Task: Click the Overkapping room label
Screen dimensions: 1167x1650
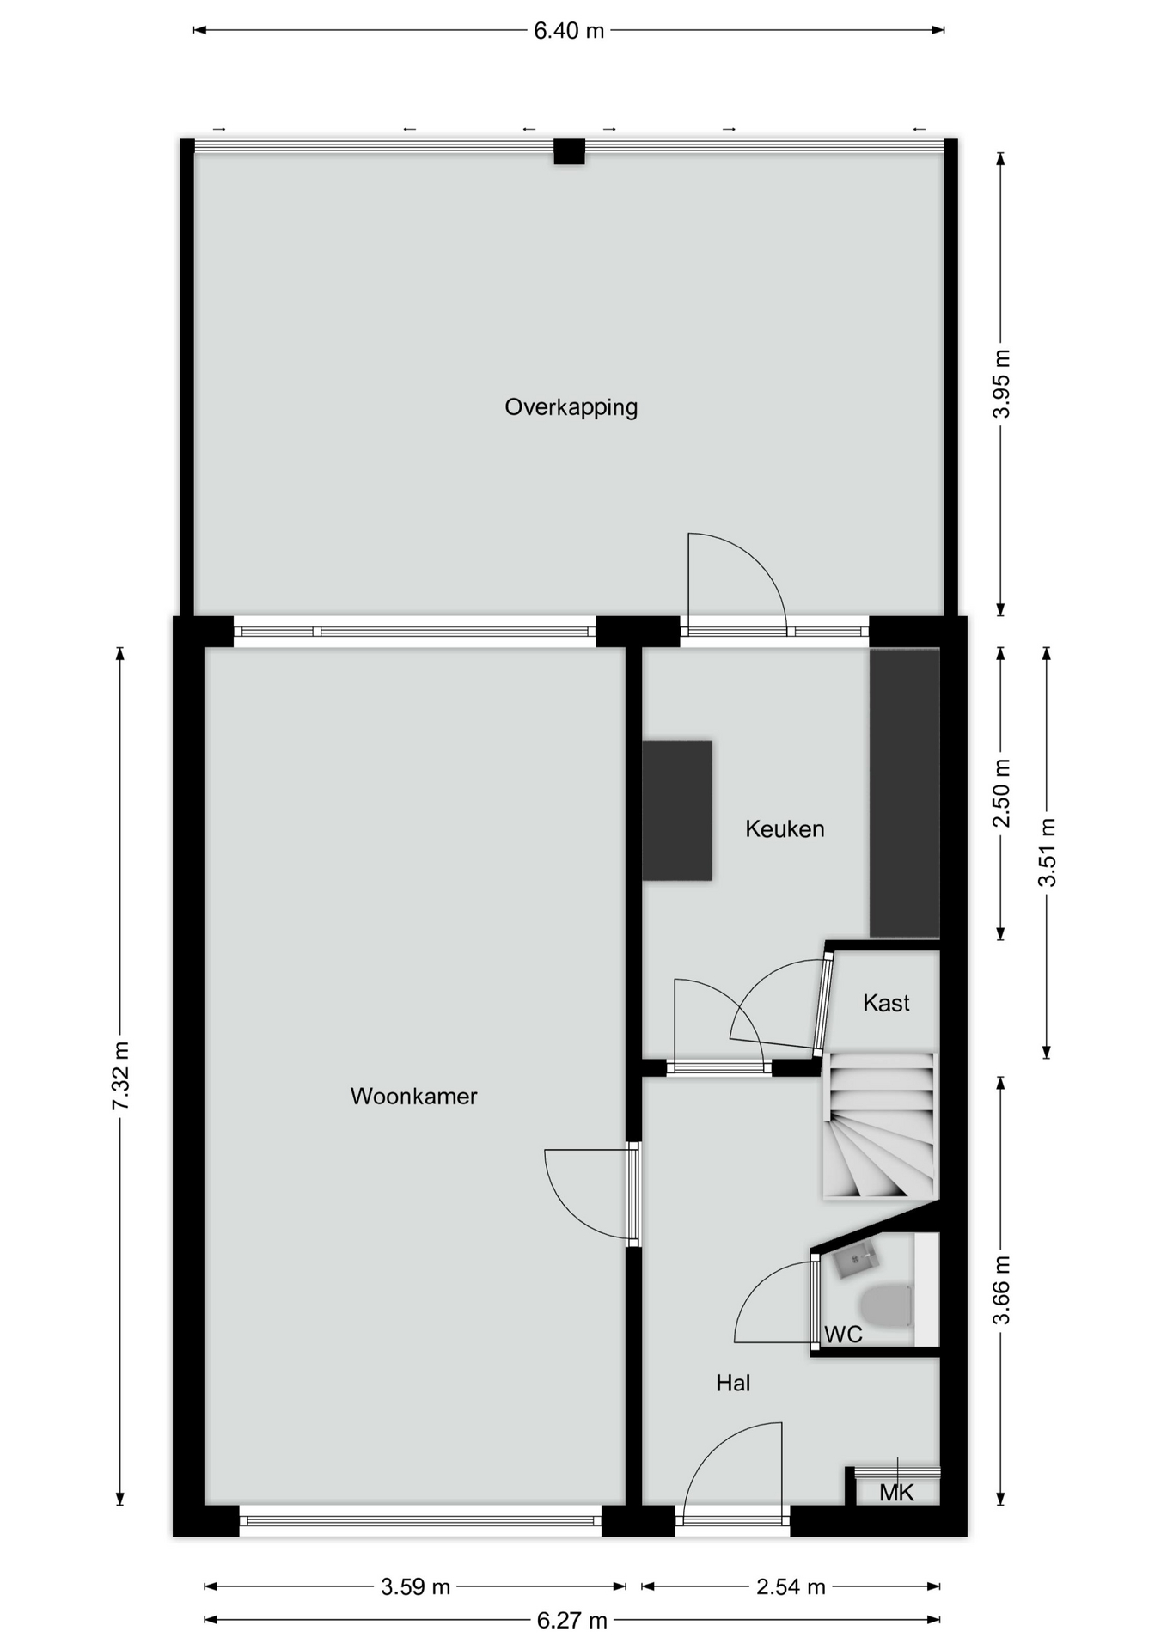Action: pyautogui.click(x=571, y=407)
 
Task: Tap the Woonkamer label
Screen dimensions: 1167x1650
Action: pyautogui.click(x=413, y=1096)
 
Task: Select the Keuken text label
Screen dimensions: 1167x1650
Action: pyautogui.click(x=785, y=828)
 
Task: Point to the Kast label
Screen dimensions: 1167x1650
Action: pyautogui.click(x=886, y=1003)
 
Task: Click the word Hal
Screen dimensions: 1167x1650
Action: pyautogui.click(x=733, y=1383)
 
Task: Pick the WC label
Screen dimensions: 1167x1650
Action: pyautogui.click(x=843, y=1335)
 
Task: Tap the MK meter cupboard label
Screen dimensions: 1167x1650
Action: pyautogui.click(x=896, y=1493)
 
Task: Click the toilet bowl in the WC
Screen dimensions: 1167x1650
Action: pyautogui.click(x=886, y=1305)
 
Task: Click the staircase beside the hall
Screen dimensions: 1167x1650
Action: pyautogui.click(x=880, y=1125)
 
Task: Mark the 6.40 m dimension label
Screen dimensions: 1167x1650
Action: pyautogui.click(x=569, y=31)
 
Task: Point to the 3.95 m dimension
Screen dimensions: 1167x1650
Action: pyautogui.click(x=1001, y=383)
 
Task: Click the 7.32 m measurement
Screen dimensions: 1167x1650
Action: pyautogui.click(x=120, y=1075)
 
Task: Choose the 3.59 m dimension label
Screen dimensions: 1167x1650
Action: pyautogui.click(x=415, y=1586)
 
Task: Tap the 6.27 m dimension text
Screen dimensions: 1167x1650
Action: pyautogui.click(x=571, y=1620)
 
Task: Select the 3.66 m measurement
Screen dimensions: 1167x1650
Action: pyautogui.click(x=1001, y=1290)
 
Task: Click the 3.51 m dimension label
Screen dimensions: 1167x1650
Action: pyautogui.click(x=1047, y=852)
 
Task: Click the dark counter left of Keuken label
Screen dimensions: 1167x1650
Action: pyautogui.click(x=677, y=810)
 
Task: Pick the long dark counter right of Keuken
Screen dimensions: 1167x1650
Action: pyautogui.click(x=904, y=792)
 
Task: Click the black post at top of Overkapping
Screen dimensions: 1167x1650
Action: pyautogui.click(x=569, y=151)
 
